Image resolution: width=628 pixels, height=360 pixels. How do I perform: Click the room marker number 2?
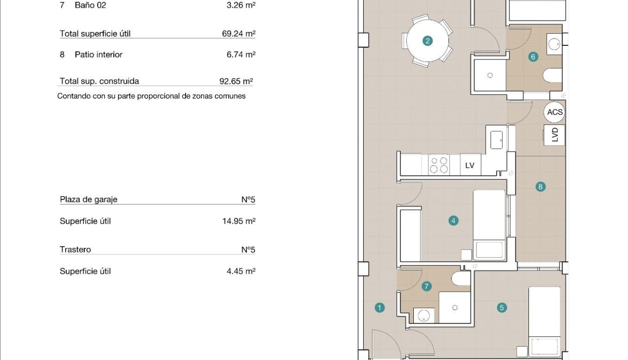point(427,41)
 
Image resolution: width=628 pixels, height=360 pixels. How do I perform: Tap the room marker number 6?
point(533,57)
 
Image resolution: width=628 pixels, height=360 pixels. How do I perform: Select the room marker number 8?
point(540,187)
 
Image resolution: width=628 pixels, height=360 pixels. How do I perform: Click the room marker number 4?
point(453,220)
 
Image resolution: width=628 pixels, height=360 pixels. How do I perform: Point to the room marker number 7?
point(427,286)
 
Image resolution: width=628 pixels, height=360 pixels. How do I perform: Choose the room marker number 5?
point(501,308)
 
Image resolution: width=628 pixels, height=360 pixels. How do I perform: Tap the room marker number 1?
point(379,308)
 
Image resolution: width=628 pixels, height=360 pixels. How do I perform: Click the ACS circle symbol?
point(555,112)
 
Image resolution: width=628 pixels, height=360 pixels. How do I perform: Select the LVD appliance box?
point(555,135)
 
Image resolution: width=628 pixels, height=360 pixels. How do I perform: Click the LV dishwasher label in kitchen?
point(470,165)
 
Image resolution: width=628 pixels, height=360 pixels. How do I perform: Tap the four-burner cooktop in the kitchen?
point(439,165)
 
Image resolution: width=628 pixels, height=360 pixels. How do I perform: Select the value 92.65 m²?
point(236,81)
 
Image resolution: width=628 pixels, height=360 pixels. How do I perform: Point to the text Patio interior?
point(99,55)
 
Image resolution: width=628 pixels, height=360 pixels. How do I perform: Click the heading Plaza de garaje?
point(89,200)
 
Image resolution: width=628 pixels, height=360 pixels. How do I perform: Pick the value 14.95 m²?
point(239,221)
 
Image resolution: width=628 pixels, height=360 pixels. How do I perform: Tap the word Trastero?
point(75,250)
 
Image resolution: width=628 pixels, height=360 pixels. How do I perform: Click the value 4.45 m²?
point(241,271)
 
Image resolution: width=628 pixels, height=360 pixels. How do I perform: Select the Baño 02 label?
point(90,6)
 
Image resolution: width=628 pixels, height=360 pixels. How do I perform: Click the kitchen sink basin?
point(496,139)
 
